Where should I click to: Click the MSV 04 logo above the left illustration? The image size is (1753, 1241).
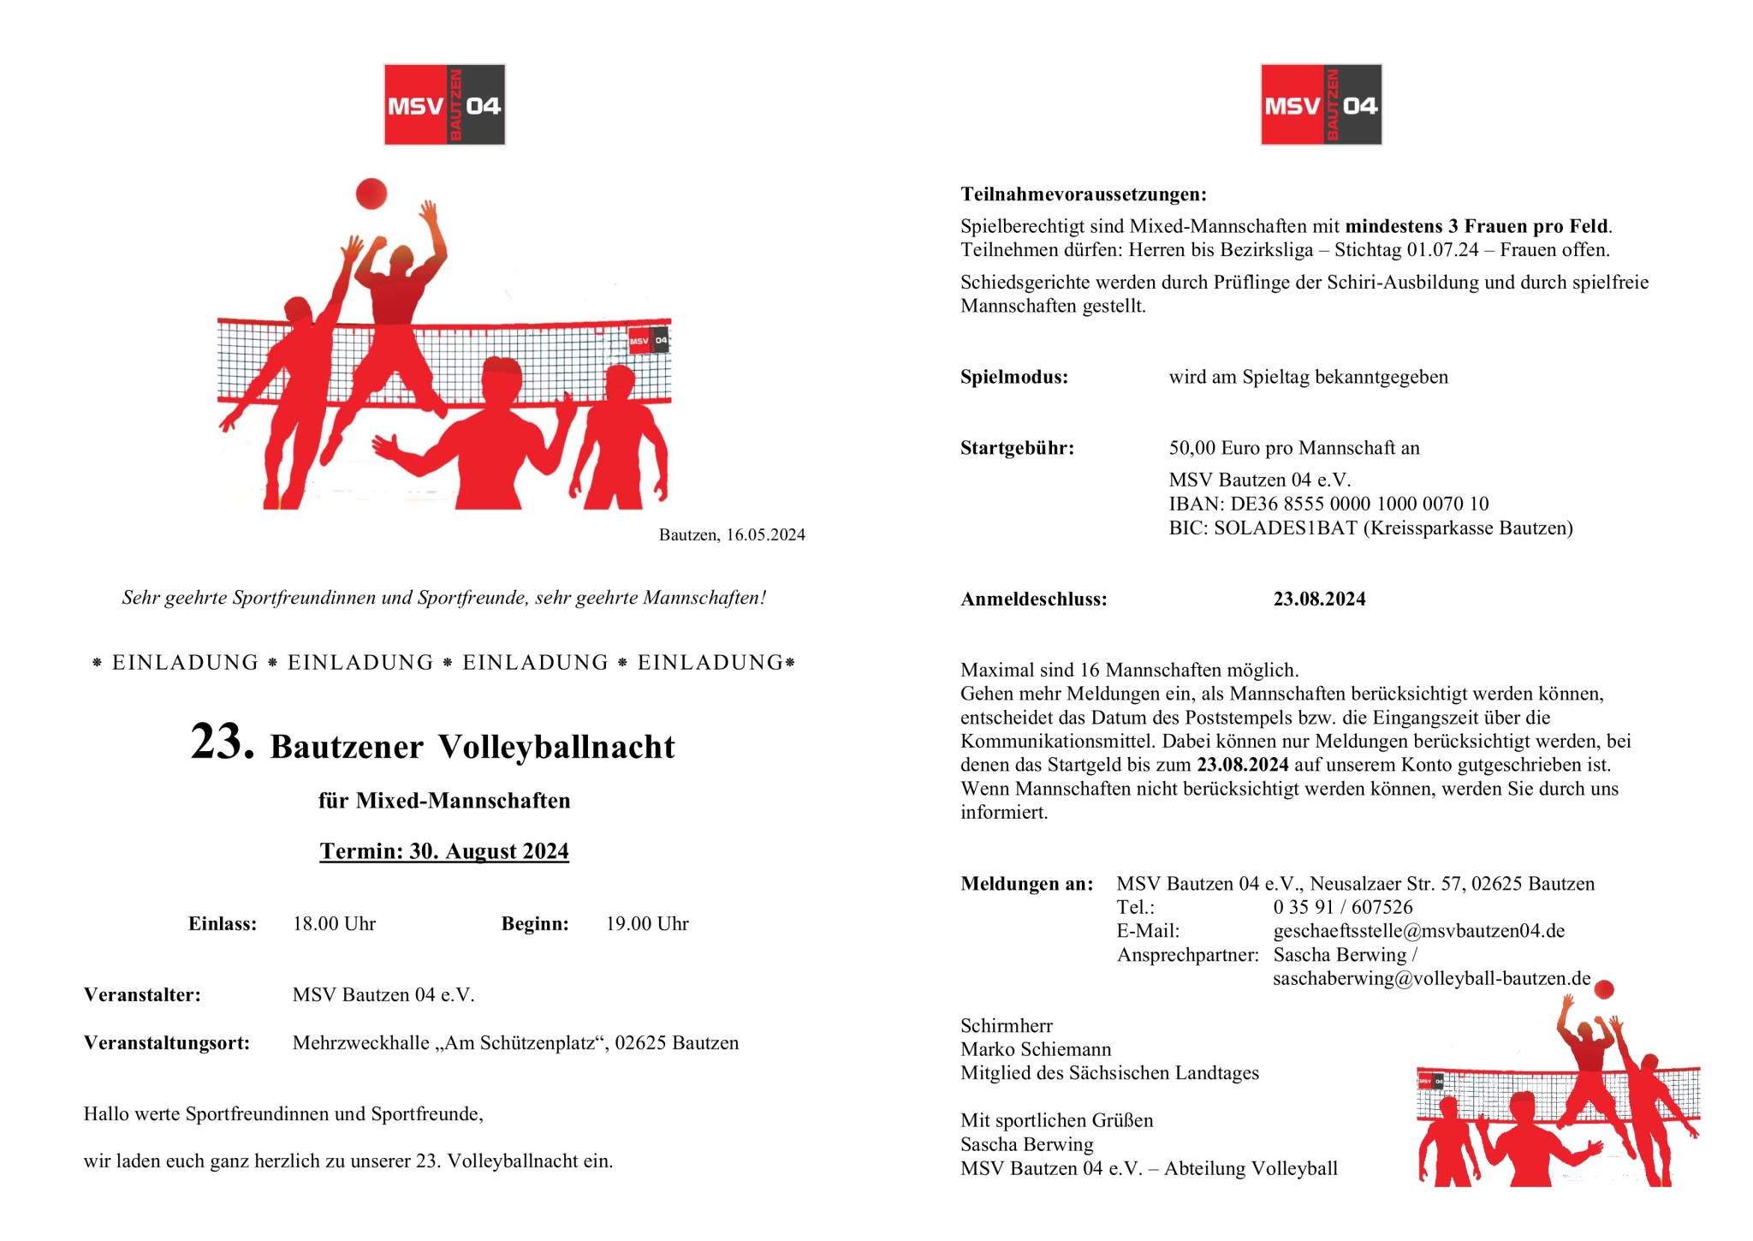coord(444,104)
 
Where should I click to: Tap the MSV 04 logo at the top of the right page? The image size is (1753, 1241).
coord(1321,104)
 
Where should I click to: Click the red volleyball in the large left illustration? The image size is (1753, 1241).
coord(371,194)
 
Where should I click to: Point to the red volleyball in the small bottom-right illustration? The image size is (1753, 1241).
coord(1604,989)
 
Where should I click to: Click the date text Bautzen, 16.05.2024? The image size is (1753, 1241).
coord(732,535)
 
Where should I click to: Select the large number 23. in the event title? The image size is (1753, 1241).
coord(222,742)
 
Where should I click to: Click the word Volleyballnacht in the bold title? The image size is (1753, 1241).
coord(556,747)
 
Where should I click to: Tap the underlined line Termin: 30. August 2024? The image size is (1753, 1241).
coord(444,851)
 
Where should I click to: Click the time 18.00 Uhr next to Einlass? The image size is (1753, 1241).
coord(334,924)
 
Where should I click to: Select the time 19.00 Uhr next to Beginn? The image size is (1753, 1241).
coord(647,924)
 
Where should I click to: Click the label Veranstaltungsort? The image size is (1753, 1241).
coord(167,1043)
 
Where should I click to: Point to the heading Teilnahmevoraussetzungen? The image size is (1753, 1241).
coord(1084,194)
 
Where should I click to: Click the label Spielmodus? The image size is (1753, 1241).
coord(1014,378)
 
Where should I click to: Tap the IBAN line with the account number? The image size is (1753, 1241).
coord(1328,504)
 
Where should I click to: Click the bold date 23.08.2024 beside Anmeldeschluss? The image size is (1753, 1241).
coord(1319,600)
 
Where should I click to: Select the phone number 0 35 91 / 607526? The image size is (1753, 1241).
coord(1342,908)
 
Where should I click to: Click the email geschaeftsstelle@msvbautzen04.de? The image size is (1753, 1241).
coord(1418,931)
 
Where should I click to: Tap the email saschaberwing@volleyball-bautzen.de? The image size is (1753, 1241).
coord(1431,979)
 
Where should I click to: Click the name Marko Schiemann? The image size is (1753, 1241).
coord(1036,1050)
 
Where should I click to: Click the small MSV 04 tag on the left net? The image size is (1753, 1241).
coord(649,341)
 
